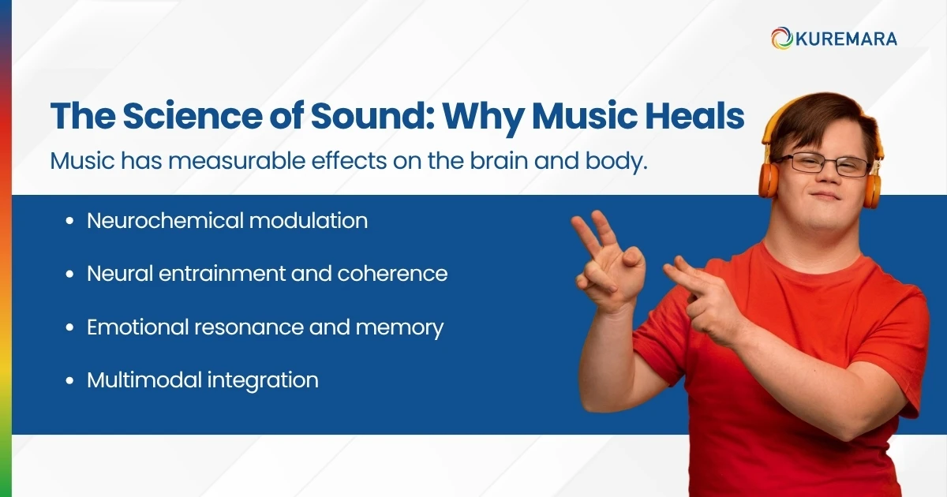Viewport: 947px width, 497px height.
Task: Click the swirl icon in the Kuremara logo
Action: point(782,38)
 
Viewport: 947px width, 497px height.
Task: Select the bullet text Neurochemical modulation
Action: point(227,221)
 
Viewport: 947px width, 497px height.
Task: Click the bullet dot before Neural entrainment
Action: point(71,275)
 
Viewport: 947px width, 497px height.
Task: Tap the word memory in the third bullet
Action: point(400,327)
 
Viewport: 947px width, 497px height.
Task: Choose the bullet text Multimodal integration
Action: point(203,380)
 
